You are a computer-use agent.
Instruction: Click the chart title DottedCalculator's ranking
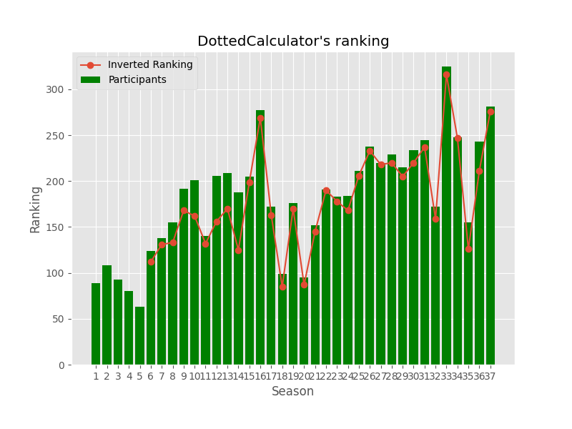point(293,41)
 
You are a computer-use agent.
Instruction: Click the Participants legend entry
point(137,80)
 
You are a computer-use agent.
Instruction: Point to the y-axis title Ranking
point(36,209)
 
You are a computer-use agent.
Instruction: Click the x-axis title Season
point(292,392)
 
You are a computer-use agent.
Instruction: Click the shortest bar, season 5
point(139,336)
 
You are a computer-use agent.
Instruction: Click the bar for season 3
point(118,322)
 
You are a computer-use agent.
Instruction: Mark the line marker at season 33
point(446,74)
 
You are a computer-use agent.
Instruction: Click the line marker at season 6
point(151,262)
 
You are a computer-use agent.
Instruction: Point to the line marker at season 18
point(282,287)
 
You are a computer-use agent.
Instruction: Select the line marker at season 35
point(468,249)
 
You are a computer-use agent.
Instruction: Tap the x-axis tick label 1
point(96,377)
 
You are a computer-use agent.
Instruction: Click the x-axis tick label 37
point(490,377)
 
